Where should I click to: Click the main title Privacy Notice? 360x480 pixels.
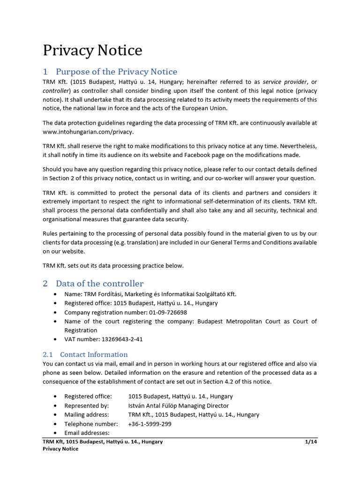point(92,50)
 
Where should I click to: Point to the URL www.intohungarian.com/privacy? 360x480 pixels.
point(88,132)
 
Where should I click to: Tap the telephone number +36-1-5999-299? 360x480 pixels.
point(150,424)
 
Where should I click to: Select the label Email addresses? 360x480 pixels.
point(87,433)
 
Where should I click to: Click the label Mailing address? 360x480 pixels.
point(87,415)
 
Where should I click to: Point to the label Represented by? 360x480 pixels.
point(87,405)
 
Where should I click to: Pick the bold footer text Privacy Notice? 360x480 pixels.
point(60,449)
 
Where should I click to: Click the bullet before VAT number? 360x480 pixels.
point(56,339)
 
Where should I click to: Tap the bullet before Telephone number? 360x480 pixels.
point(56,424)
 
